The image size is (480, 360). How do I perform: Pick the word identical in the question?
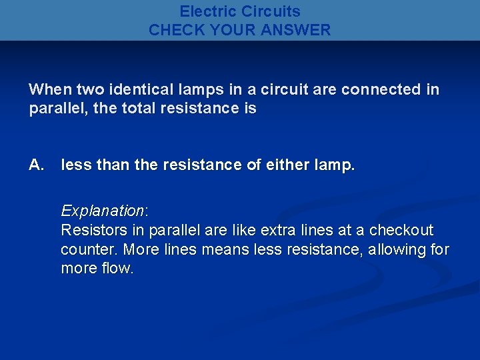coord(127,89)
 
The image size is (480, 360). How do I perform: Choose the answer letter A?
coord(36,165)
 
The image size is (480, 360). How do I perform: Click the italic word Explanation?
coord(103,211)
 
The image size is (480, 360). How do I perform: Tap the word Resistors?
coord(93,231)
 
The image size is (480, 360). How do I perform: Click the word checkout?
coord(403,231)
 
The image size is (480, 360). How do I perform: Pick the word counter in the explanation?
coord(87,250)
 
